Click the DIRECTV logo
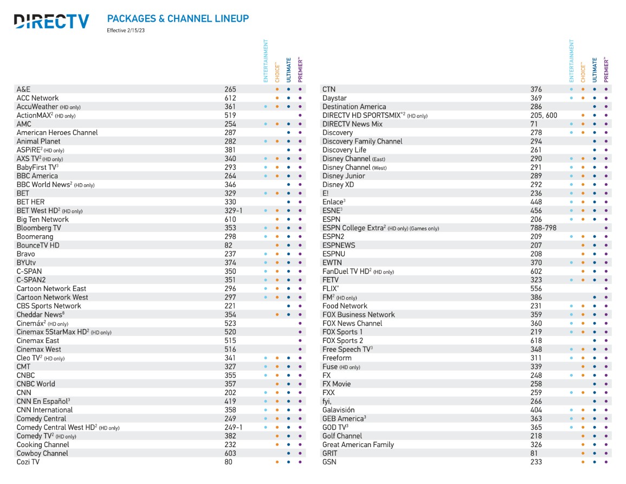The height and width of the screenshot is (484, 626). click(51, 21)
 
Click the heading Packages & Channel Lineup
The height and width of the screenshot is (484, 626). click(178, 18)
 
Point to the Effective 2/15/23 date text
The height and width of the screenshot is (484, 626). click(125, 30)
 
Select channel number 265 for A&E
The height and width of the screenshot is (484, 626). click(230, 89)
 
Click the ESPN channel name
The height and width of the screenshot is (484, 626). click(331, 220)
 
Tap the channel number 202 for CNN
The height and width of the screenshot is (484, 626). click(230, 392)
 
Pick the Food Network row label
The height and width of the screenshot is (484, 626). click(345, 306)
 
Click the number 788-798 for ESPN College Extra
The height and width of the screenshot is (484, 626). click(544, 228)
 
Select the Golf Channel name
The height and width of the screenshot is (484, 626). click(342, 436)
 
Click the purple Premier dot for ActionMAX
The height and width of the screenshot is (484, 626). click(300, 115)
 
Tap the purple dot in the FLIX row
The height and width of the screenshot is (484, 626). click(606, 288)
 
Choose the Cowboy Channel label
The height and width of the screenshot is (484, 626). click(42, 453)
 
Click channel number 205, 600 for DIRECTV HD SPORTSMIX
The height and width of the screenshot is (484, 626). click(544, 115)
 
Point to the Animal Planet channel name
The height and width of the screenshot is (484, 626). click(38, 141)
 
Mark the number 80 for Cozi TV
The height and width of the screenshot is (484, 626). click(228, 462)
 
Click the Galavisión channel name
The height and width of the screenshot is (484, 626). click(339, 410)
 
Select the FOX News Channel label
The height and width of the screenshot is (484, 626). click(352, 324)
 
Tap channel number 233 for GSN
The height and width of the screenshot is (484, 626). click(536, 462)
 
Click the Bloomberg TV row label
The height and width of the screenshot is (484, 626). click(38, 228)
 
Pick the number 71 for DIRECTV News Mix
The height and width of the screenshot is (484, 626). click(534, 124)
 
